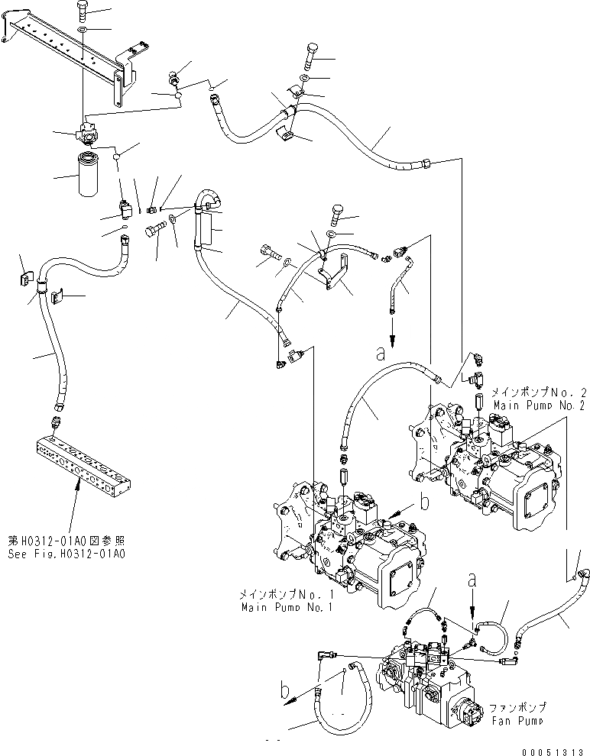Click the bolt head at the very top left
[x=83, y=10]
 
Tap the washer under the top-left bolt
[x=83, y=30]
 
